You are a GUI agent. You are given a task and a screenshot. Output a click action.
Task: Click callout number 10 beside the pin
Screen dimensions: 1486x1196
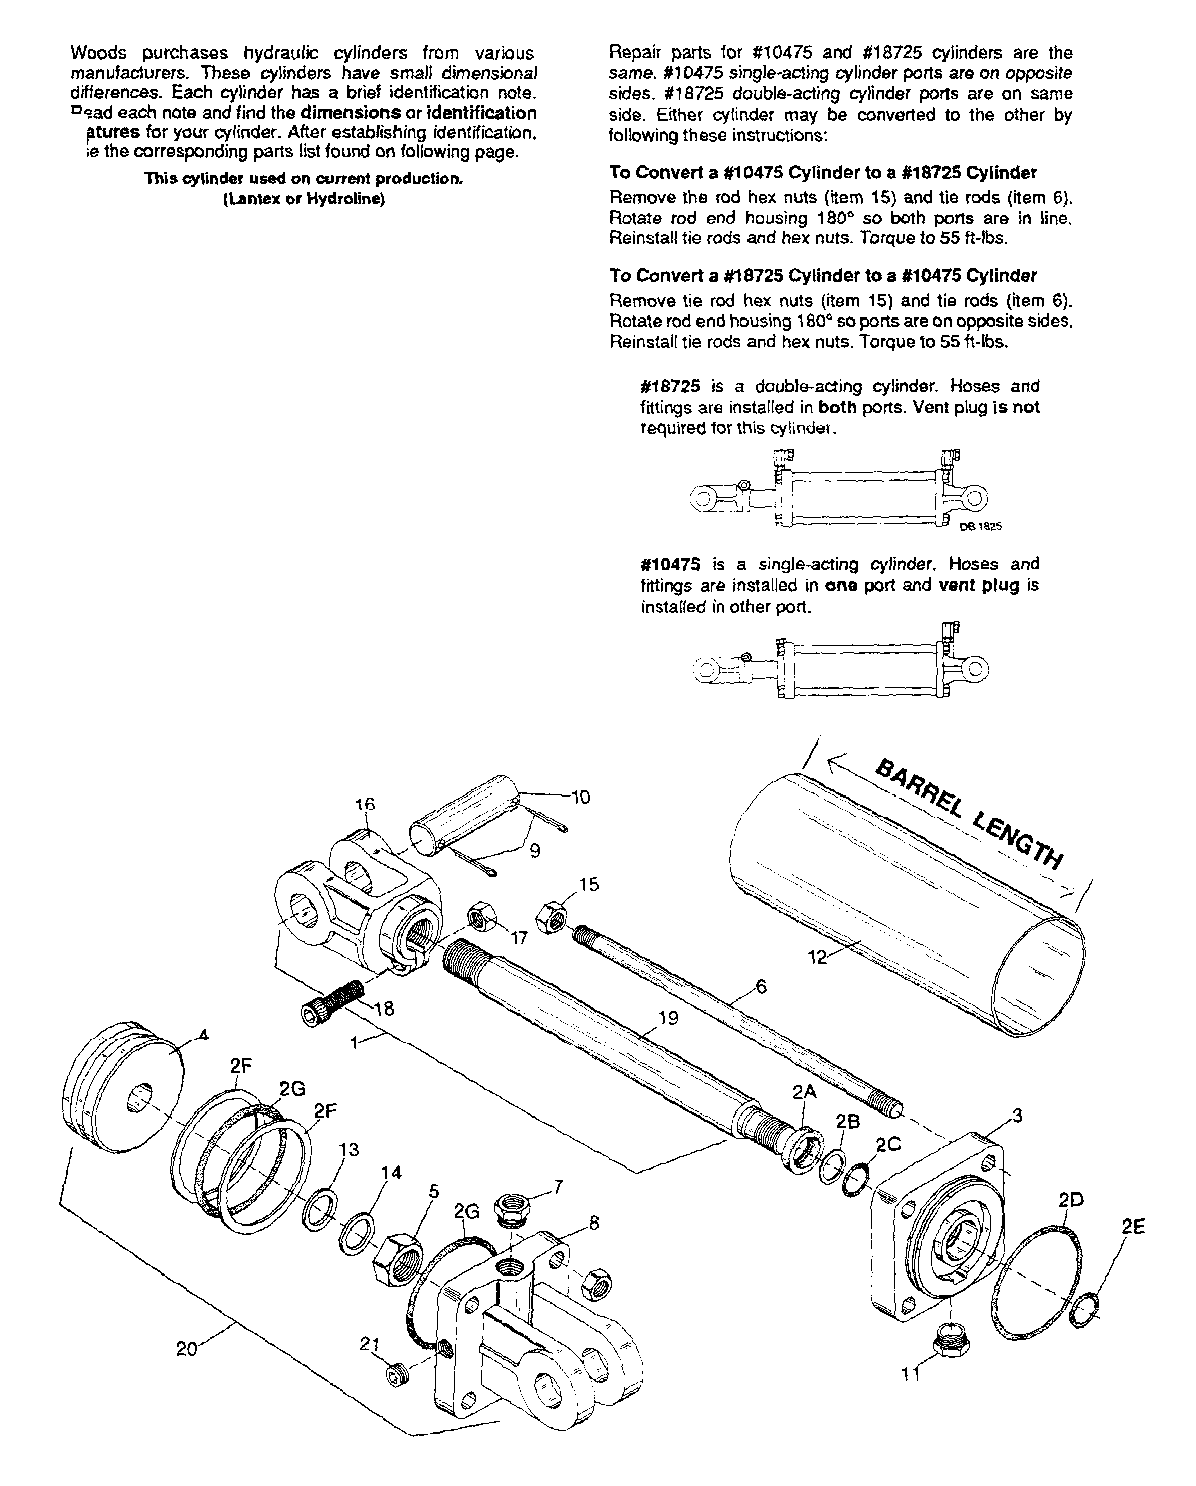(x=581, y=798)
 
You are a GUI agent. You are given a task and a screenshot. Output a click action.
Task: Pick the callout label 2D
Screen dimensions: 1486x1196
(x=1071, y=1200)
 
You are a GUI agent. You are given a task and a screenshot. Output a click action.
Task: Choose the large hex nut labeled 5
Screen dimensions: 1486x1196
(x=396, y=1259)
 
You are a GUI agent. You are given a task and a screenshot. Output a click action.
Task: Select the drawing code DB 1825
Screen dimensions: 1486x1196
(x=981, y=526)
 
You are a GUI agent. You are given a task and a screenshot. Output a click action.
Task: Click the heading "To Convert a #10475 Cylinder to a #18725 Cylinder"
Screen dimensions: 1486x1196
(x=823, y=172)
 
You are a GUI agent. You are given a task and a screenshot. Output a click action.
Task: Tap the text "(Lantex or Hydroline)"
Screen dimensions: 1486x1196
(x=304, y=199)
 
